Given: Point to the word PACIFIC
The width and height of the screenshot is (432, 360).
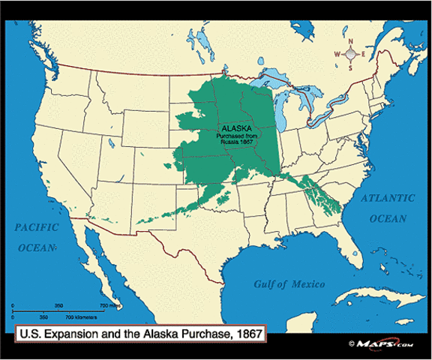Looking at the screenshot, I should tap(30, 224).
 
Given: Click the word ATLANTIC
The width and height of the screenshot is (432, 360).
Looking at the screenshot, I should tap(388, 198).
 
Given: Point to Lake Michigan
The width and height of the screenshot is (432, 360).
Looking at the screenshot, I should tap(283, 109).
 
